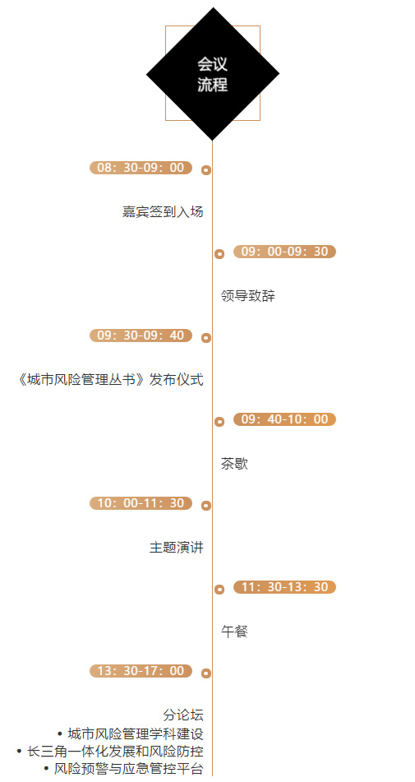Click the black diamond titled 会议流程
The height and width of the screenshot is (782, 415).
(213, 74)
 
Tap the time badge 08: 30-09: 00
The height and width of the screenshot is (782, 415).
(141, 168)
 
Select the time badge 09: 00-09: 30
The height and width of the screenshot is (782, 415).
(284, 252)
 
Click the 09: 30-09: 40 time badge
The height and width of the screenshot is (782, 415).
(141, 335)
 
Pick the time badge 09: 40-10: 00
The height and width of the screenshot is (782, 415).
(284, 419)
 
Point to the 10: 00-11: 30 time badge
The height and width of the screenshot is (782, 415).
(141, 503)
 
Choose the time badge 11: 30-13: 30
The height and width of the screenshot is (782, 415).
(284, 587)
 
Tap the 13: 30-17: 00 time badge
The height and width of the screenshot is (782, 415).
(141, 671)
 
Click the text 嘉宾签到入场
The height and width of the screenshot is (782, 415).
(163, 212)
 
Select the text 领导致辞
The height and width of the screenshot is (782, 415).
(248, 296)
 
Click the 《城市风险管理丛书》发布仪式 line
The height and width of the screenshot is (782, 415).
(109, 380)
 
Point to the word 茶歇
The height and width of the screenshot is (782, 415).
(235, 464)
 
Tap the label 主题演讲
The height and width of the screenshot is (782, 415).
(177, 548)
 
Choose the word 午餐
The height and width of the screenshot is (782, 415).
(235, 632)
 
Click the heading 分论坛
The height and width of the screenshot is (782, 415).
(183, 715)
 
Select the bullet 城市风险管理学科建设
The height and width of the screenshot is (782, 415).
(131, 734)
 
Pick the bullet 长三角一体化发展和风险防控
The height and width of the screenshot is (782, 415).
(110, 752)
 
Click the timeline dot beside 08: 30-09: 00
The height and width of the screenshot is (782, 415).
(206, 170)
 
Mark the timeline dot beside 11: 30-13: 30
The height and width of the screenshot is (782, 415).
(219, 590)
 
